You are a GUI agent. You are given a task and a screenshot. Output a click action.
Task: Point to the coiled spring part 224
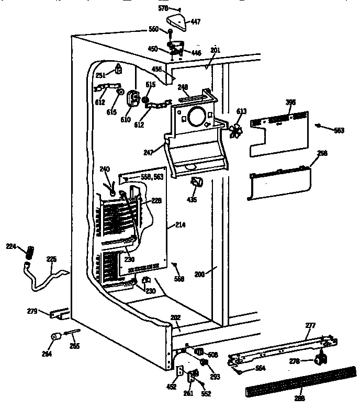tap(30, 252)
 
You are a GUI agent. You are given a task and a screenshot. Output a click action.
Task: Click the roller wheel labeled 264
tap(54, 337)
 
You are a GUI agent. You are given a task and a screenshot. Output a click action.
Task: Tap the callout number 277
tap(310, 325)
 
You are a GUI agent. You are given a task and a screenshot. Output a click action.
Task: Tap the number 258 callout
tap(322, 153)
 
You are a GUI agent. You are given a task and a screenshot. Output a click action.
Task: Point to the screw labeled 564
tap(239, 372)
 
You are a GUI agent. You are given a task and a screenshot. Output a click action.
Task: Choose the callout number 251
tap(100, 75)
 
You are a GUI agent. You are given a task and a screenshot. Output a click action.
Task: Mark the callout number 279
tap(32, 312)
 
